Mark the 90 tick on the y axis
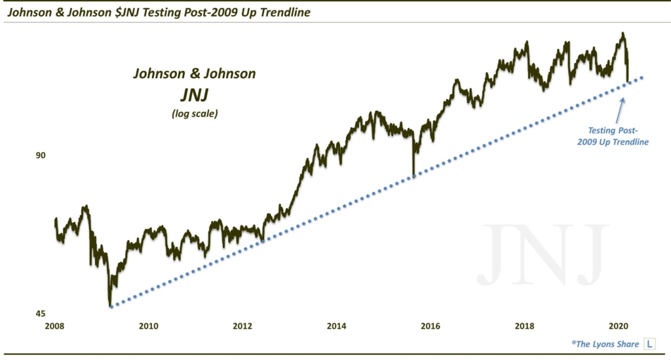[40, 155]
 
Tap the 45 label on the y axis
[40, 313]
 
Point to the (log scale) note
[194, 113]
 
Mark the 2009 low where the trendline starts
[110, 306]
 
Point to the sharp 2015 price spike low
[413, 176]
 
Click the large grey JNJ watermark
[543, 254]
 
